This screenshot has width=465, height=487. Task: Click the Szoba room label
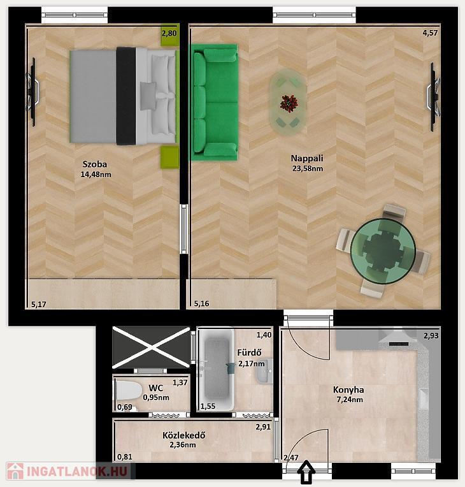95,164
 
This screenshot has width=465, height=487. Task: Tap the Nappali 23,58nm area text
307,169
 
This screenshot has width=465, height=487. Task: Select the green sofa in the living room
214,102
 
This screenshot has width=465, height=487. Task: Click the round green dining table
383,252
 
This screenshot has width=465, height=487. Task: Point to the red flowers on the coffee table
289,103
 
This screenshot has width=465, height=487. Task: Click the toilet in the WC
128,391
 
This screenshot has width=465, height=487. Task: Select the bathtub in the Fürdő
217,370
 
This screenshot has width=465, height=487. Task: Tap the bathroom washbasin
264,371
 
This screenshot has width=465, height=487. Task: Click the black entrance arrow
306,472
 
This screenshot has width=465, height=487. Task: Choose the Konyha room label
348,389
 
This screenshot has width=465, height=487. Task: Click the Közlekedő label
183,435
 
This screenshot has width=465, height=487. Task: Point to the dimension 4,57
430,33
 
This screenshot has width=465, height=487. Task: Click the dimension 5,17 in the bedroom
39,305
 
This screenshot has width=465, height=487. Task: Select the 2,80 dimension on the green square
169,33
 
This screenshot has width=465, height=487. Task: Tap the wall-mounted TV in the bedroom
32,92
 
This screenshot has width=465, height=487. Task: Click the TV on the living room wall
433,97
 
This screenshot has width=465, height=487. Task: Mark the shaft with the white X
151,347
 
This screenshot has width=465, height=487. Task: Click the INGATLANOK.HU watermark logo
68,471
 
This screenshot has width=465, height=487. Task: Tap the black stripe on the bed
126,96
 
